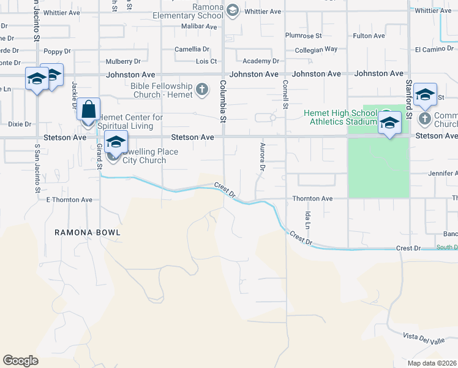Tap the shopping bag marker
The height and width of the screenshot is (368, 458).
pyautogui.click(x=89, y=110)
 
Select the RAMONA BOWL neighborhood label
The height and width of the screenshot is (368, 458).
pyautogui.click(x=88, y=232)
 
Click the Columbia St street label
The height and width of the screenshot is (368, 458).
pyautogui.click(x=223, y=98)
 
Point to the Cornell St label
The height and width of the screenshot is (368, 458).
pyautogui.click(x=285, y=94)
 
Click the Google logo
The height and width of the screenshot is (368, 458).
pyautogui.click(x=20, y=361)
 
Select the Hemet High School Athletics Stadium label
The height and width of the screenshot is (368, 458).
pyautogui.click(x=341, y=117)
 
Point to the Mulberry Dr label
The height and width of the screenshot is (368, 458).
pyautogui.click(x=123, y=61)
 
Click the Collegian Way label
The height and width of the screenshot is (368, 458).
pyautogui.click(x=316, y=49)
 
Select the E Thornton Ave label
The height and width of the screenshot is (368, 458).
pyautogui.click(x=69, y=199)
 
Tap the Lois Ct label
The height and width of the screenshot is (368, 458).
pyautogui.click(x=206, y=61)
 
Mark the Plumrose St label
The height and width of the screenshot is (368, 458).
pyautogui.click(x=304, y=36)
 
